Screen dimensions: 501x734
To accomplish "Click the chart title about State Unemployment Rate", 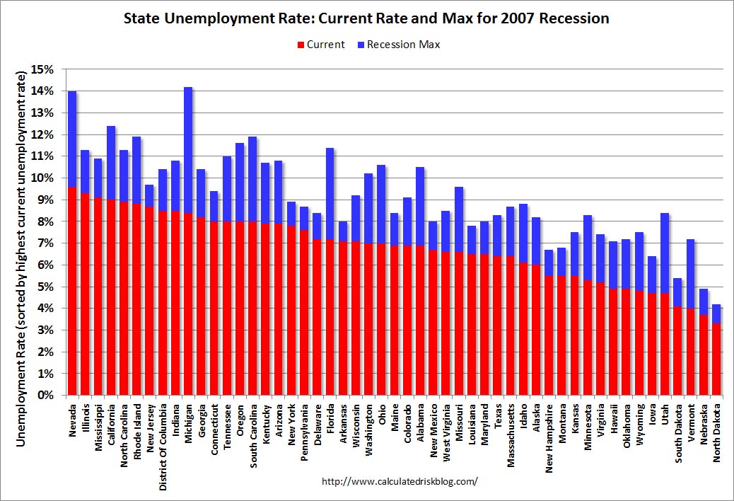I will click(366, 18).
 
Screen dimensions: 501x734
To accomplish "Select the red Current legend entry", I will click(318, 45).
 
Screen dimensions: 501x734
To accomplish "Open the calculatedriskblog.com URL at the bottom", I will click(400, 481).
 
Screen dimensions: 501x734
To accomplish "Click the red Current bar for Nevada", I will click(72, 290).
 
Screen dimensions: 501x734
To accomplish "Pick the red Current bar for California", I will click(111, 297).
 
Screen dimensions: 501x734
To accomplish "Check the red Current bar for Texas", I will click(498, 326).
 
